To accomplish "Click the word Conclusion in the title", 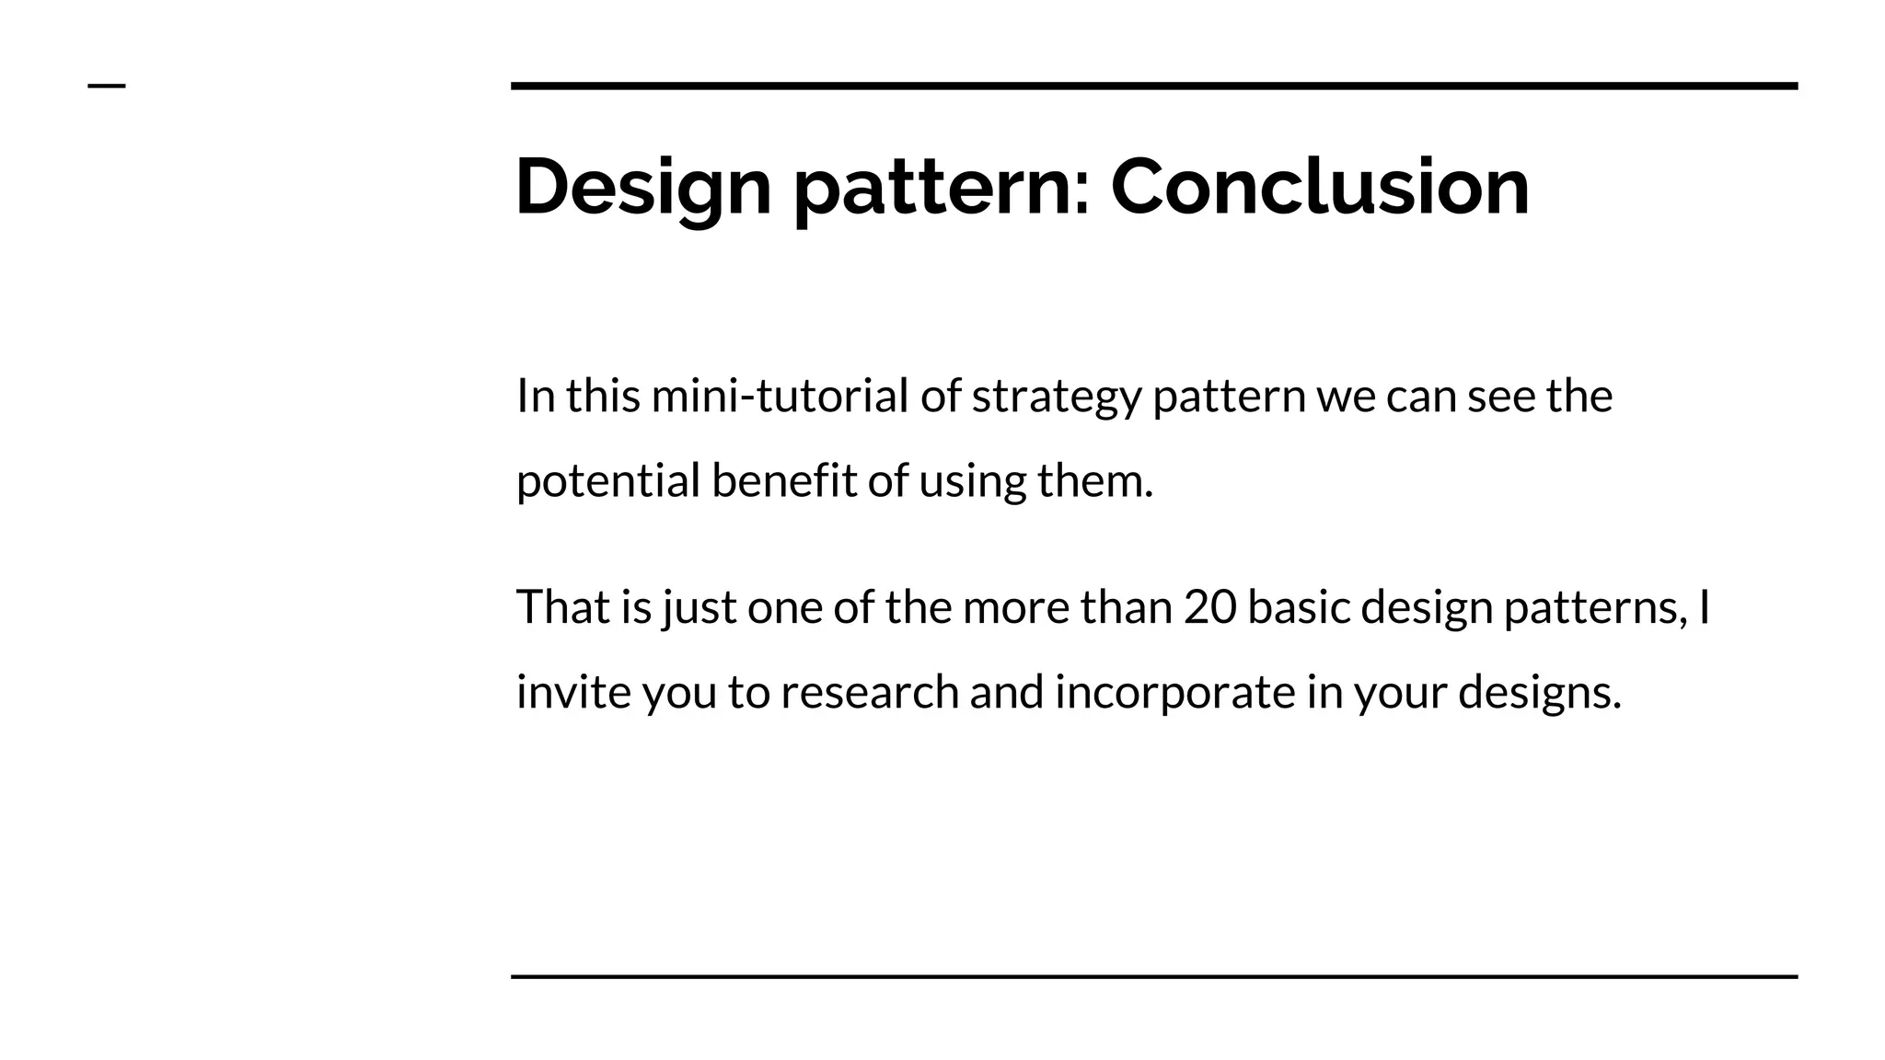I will coord(1320,187).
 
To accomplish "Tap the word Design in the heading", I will coord(642,187).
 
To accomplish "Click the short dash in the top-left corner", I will coord(107,86).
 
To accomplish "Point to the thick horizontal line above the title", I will coord(1154,86).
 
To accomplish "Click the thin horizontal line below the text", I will coord(1154,976).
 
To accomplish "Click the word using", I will coord(972,481).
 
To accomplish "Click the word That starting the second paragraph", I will coord(562,607).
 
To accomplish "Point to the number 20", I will coord(1209,607).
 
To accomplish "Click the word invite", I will coord(572,692).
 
